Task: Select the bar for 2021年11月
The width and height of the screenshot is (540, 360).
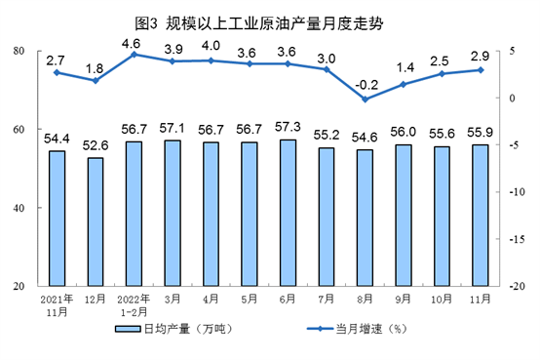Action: click(57, 219)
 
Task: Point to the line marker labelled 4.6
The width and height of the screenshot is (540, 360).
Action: click(133, 55)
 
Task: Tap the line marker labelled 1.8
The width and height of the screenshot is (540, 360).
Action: click(95, 80)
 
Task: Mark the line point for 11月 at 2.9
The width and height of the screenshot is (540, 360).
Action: click(480, 70)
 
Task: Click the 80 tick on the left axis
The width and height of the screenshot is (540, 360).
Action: click(19, 51)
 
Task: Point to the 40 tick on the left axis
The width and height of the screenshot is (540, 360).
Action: click(19, 208)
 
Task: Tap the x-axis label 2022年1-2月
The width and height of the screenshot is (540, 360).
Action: click(133, 304)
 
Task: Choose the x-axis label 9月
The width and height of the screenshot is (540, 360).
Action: click(404, 299)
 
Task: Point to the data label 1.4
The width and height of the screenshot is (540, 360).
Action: click(404, 67)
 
